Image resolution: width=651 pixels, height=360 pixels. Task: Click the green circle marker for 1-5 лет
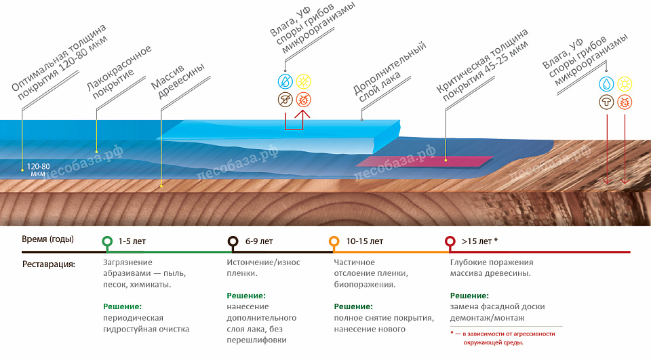pyautogui.click(x=107, y=241)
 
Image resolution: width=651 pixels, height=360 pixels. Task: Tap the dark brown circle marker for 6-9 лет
pyautogui.click(x=233, y=241)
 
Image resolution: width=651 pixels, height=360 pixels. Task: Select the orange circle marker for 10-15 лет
pyautogui.click(x=334, y=241)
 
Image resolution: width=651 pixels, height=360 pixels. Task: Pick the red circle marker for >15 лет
pyautogui.click(x=450, y=241)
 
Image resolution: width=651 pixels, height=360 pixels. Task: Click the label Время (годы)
pyautogui.click(x=47, y=239)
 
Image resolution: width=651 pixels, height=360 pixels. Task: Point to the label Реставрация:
pyautogui.click(x=49, y=264)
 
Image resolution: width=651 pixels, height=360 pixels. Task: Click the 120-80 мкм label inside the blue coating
pyautogui.click(x=38, y=169)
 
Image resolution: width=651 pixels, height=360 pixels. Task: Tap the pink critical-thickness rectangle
pyautogui.click(x=424, y=161)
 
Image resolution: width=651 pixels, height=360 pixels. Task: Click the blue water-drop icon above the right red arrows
pyautogui.click(x=606, y=84)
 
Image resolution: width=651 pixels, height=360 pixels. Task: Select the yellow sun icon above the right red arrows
pyautogui.click(x=625, y=84)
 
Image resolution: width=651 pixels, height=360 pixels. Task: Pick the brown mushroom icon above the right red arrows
pyautogui.click(x=606, y=102)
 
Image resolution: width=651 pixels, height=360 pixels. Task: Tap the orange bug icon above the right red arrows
pyautogui.click(x=625, y=102)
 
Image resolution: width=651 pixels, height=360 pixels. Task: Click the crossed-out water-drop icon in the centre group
pyautogui.click(x=285, y=81)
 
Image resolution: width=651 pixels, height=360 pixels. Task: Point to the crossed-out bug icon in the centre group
pyautogui.click(x=304, y=100)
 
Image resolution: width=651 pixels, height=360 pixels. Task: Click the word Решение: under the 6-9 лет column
pyautogui.click(x=246, y=296)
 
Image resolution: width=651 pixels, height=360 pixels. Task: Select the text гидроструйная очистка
pyautogui.click(x=146, y=329)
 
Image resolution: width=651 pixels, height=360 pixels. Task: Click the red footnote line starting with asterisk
pyautogui.click(x=502, y=334)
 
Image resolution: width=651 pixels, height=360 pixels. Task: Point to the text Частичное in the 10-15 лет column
pyautogui.click(x=354, y=262)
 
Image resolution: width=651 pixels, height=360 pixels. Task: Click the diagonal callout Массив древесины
pyautogui.click(x=178, y=82)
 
